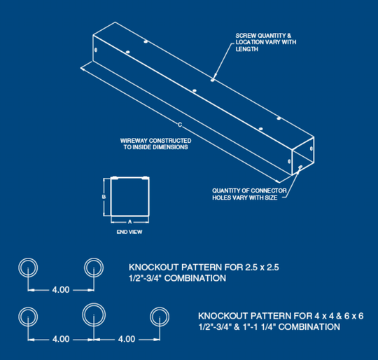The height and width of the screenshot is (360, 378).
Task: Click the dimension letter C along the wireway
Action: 179,125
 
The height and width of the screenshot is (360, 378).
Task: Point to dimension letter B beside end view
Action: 104,197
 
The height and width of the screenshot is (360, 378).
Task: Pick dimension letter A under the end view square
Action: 129,221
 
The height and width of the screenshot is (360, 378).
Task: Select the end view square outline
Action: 129,196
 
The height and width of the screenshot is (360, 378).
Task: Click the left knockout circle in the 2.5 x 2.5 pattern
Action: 28,267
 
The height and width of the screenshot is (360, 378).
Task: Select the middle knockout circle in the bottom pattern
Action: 94,314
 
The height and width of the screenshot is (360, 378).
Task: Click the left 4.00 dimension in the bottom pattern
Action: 61,339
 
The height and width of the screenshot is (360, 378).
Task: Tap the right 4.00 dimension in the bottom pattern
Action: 127,339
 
